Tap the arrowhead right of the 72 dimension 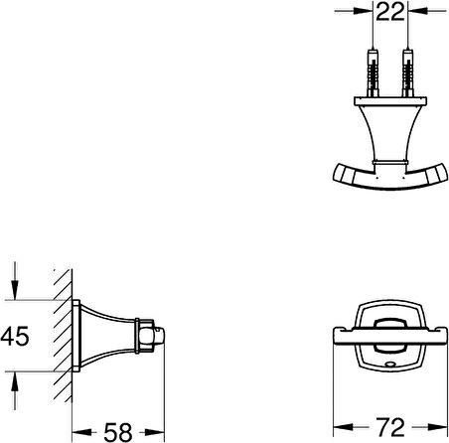coord(433,429)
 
